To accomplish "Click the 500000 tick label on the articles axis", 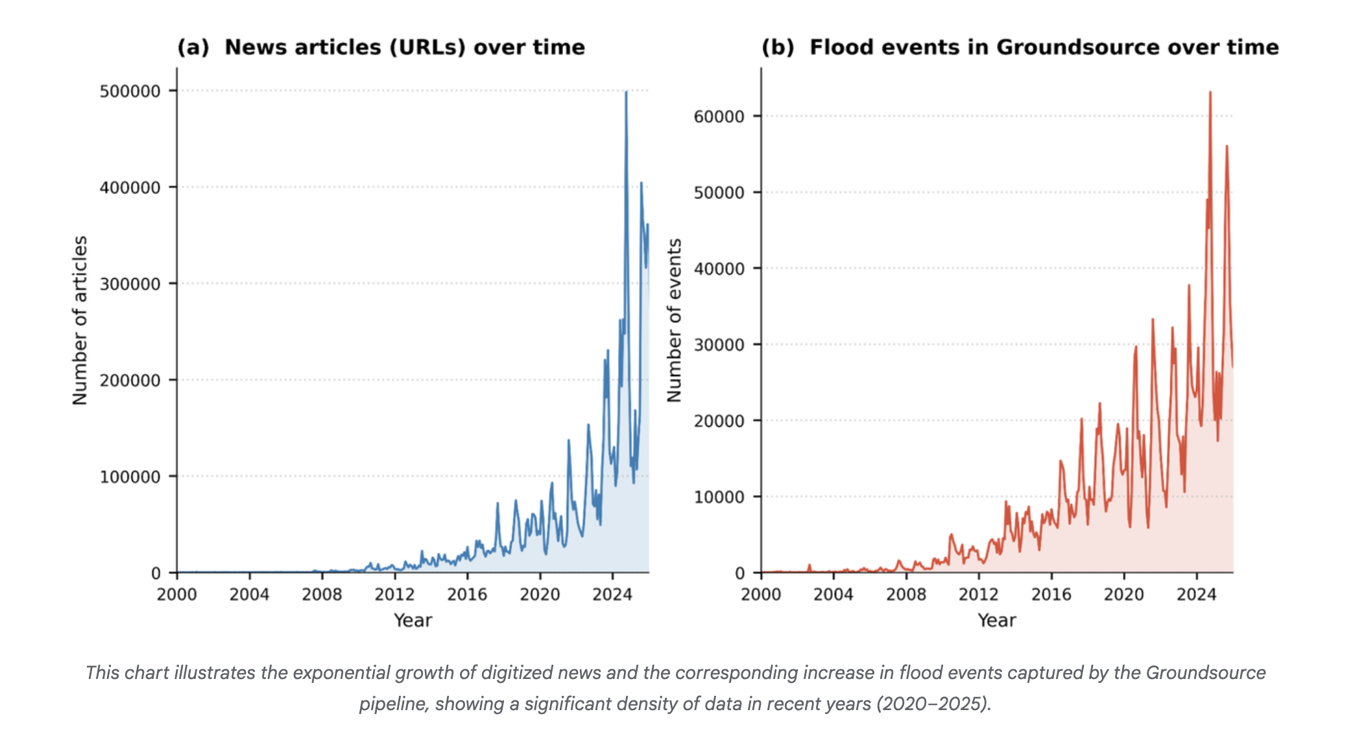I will coord(130,91).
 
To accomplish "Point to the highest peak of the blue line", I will coord(626,93).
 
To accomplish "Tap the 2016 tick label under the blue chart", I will coord(467,594).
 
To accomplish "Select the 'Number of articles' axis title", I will coord(80,320).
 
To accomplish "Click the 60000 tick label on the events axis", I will coord(719,117).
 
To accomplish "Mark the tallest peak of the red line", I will coord(1210,93).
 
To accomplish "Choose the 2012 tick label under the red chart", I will coord(978,594).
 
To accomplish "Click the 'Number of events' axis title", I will coord(675,320).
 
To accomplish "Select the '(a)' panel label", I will coord(193,47).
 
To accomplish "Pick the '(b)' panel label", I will coord(778,47).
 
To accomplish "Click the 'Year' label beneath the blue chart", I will coord(413,621).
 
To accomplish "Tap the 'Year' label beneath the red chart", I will coord(996,621).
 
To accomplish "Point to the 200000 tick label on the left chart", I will coord(130,381).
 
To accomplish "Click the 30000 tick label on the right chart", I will coord(719,345).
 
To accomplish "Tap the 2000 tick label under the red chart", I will coord(761,594).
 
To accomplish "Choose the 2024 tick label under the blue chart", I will coord(612,594).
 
